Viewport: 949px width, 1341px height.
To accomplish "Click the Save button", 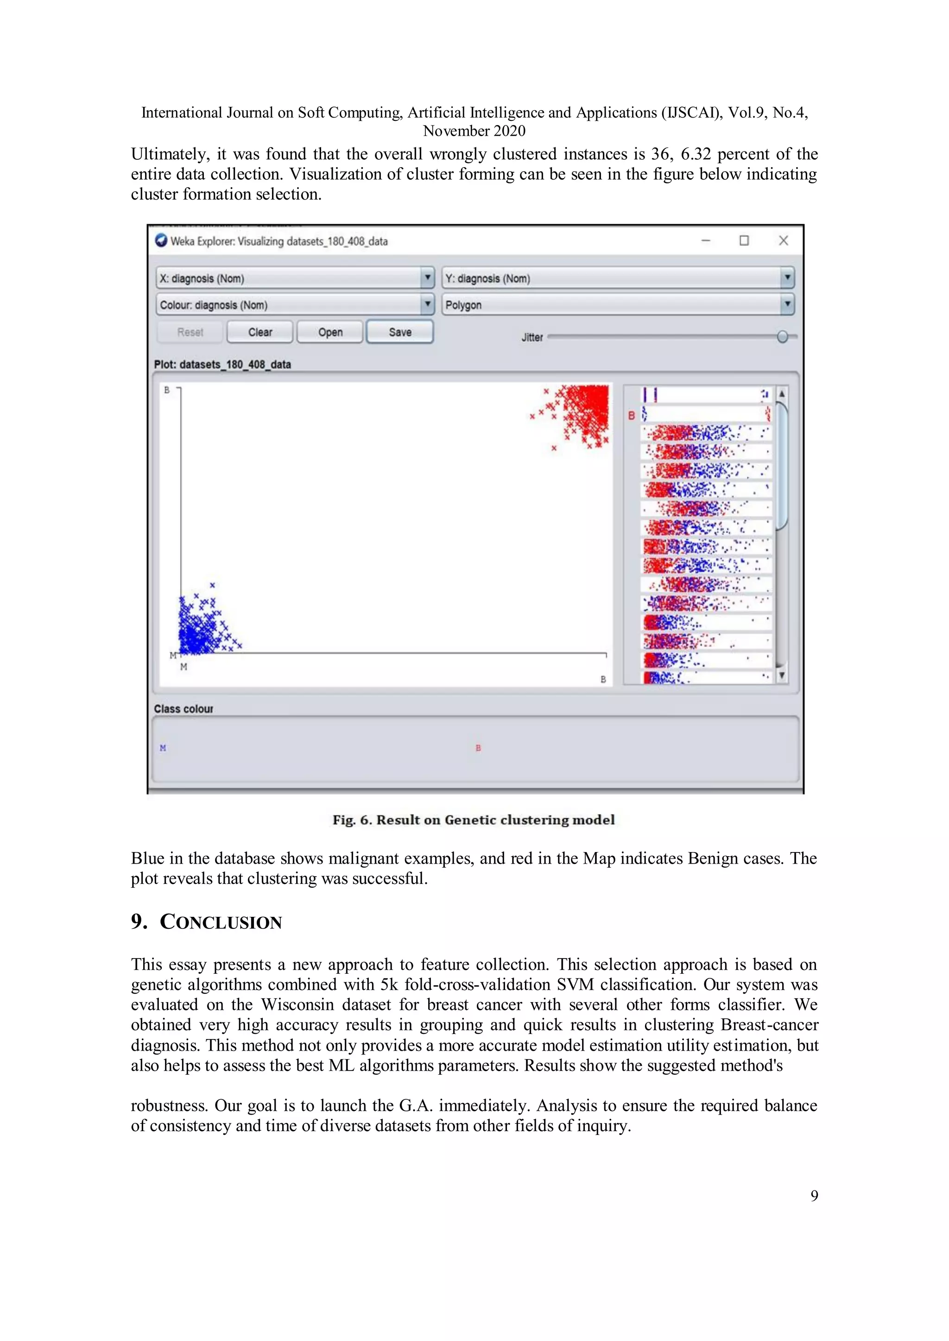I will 400,332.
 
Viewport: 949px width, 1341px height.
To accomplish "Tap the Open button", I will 330,332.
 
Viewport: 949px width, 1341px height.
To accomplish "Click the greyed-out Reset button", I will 190,332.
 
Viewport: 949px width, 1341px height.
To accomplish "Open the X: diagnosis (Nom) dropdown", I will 295,278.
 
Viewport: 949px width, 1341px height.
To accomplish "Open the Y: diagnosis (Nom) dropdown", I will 618,278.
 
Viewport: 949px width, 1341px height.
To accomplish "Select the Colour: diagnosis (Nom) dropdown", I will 295,305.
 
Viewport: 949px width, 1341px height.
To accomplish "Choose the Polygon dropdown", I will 618,305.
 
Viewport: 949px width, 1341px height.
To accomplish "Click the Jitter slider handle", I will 783,337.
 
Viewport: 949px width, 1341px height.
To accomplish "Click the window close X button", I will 784,241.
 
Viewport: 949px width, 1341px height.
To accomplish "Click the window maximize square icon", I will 744,241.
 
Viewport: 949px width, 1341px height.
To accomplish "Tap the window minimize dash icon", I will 706,241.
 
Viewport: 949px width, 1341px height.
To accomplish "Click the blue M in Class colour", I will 163,747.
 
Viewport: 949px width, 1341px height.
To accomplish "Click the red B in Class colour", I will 478,747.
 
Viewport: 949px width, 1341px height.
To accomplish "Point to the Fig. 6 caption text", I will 473,820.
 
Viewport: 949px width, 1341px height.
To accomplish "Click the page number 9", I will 814,1196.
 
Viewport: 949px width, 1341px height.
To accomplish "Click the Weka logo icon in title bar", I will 161,241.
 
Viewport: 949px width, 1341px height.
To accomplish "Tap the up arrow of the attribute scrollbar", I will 782,394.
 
